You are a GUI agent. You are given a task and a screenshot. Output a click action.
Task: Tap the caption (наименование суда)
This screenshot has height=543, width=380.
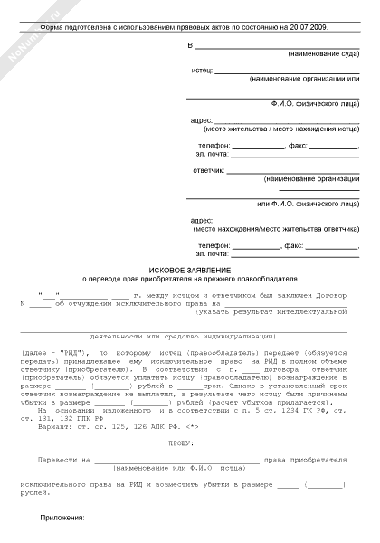coord(321,55)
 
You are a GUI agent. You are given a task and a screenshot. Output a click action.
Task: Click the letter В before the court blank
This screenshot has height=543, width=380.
coord(190,45)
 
